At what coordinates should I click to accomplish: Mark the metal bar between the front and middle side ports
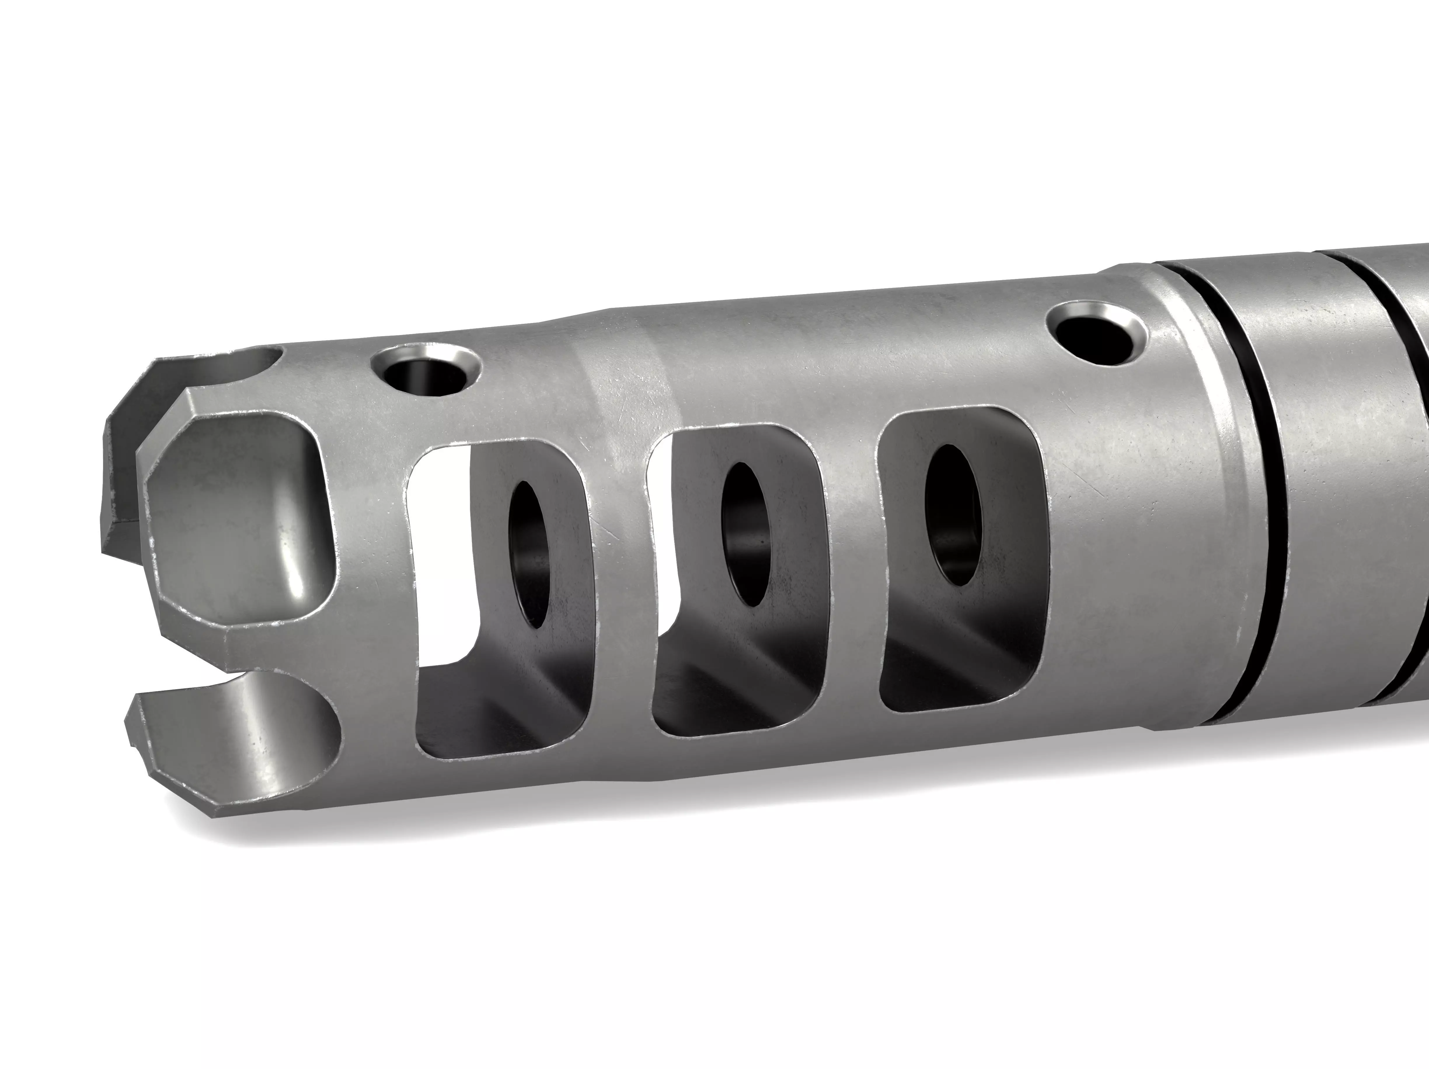click(x=620, y=581)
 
